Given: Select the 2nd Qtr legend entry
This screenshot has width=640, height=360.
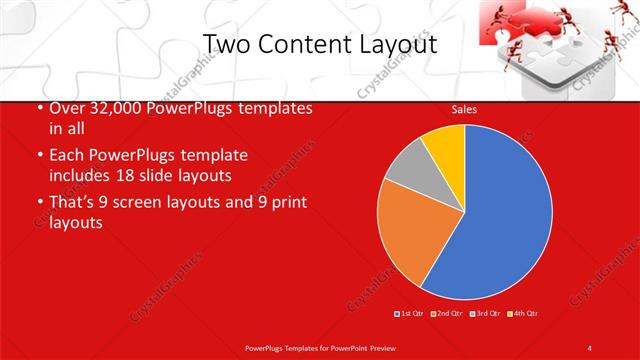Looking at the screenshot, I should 449,314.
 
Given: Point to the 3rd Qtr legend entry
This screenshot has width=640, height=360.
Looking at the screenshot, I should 486,314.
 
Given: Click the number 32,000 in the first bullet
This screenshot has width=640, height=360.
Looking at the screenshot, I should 112,108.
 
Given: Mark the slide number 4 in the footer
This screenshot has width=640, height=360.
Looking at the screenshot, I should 590,347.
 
